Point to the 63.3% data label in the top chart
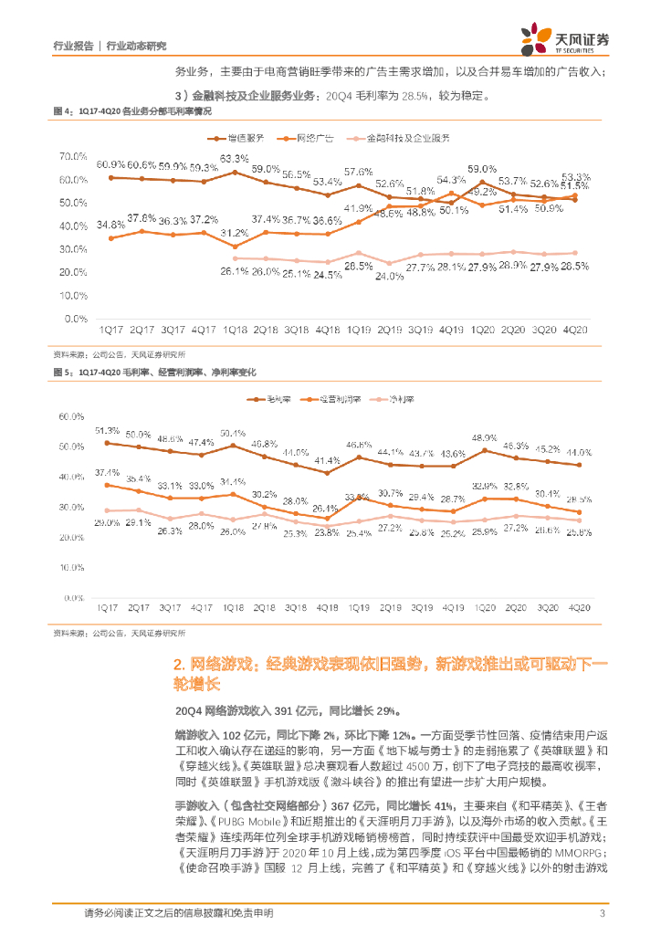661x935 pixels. click(x=236, y=160)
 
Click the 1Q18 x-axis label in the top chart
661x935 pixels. click(x=236, y=329)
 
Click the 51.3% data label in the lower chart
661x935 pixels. click(x=108, y=430)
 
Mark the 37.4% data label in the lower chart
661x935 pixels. click(x=108, y=472)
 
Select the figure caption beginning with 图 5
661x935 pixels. click(x=155, y=373)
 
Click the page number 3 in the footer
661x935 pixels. click(x=602, y=913)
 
